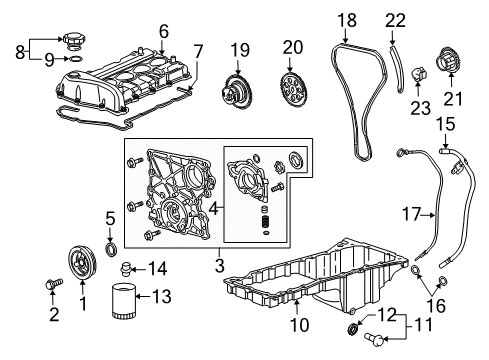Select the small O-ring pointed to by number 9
76,59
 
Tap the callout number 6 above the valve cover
164,31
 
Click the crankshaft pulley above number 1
82,264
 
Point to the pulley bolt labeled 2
54,284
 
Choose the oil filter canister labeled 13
123,300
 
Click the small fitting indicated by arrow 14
126,268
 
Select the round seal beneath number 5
111,250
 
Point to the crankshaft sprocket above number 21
447,60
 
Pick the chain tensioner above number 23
419,73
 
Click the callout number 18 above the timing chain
347,20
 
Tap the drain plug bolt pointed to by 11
374,339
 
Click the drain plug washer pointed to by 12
353,329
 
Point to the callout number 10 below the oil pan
300,325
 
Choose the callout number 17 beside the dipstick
411,214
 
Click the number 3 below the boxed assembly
219,265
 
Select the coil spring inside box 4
266,221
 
